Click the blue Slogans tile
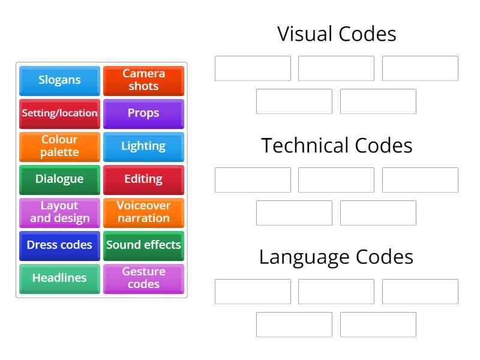(59, 80)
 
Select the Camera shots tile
(143, 80)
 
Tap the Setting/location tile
(59, 113)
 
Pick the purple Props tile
(143, 113)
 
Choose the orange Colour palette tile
(59, 146)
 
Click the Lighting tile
(143, 146)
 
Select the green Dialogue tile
(59, 179)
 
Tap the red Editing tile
(143, 179)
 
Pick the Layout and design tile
(59, 212)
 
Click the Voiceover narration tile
(143, 212)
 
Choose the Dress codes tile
(59, 245)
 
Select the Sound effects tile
(143, 245)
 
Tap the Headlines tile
(59, 278)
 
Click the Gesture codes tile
(143, 278)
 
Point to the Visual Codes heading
(337, 34)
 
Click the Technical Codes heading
(337, 146)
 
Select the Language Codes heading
(337, 257)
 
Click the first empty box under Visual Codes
(253, 68)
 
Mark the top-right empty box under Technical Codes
(420, 180)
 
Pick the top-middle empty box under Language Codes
(336, 292)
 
